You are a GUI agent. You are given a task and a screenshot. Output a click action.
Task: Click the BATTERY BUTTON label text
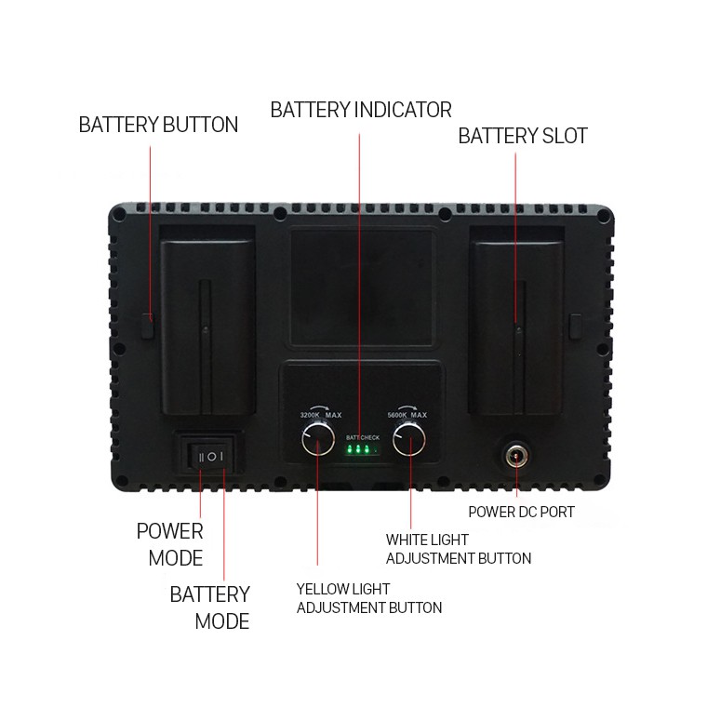click(x=158, y=125)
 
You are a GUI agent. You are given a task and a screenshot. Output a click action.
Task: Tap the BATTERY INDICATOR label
click(x=361, y=110)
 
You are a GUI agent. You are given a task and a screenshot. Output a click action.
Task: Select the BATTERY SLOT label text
click(x=523, y=136)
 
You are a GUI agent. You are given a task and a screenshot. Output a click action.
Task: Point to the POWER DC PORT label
click(x=521, y=512)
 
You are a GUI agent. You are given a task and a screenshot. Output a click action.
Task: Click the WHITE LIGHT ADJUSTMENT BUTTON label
click(x=459, y=549)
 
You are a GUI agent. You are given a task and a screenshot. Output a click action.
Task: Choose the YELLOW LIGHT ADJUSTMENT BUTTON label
click(x=368, y=598)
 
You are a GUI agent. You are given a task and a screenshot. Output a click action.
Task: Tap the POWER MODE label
click(x=169, y=544)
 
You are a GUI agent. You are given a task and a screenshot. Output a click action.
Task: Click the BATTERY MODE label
click(x=210, y=607)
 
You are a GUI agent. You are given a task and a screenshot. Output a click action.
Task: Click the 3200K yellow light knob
click(x=317, y=439)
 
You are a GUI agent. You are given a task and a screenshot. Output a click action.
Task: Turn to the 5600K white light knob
click(x=409, y=439)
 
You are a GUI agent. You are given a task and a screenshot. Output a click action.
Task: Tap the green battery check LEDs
click(x=359, y=451)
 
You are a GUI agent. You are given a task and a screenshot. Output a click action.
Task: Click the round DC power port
click(x=515, y=456)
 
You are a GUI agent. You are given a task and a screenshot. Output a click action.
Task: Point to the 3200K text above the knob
click(x=311, y=415)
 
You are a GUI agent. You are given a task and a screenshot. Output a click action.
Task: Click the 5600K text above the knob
click(x=397, y=415)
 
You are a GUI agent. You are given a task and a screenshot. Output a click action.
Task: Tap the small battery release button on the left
click(x=147, y=327)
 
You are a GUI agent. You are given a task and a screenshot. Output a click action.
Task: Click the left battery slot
click(x=208, y=326)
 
